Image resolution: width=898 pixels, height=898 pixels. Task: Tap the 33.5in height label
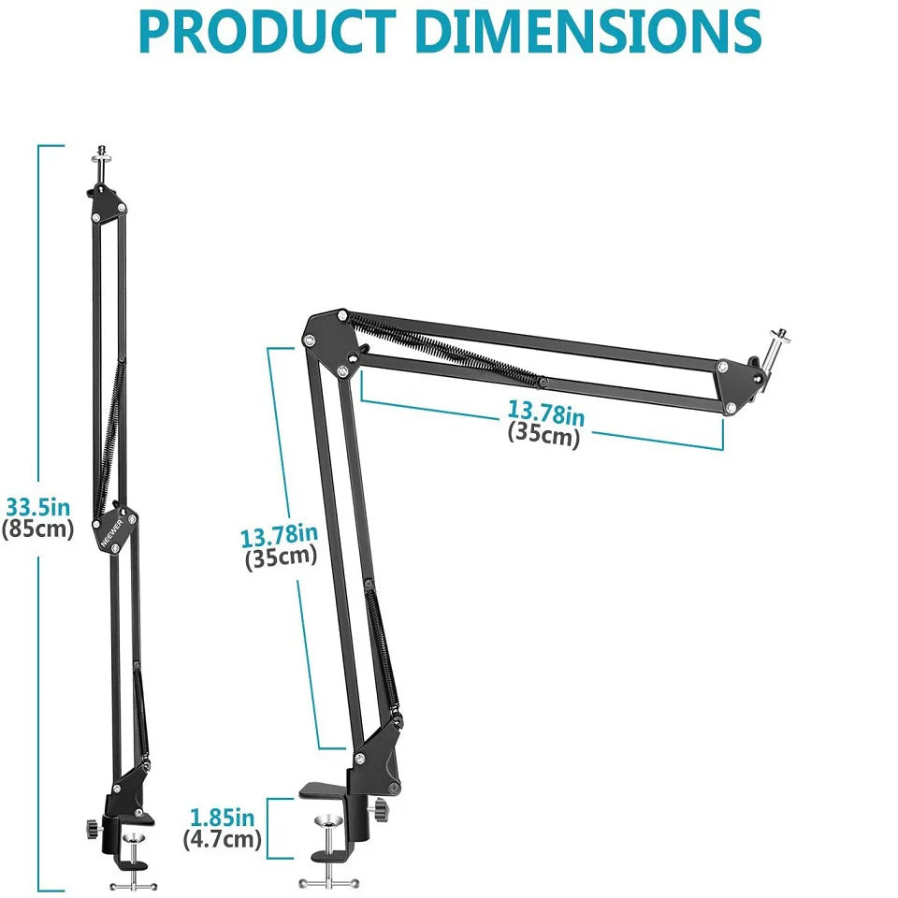38,508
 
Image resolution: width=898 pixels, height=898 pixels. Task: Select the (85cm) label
37,529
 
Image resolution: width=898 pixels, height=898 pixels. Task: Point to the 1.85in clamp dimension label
222,817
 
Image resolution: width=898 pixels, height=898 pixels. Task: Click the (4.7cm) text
222,839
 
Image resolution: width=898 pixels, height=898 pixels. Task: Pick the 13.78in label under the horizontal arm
545,412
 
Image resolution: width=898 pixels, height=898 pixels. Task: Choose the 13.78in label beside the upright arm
279,536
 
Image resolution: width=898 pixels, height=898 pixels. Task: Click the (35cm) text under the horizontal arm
543,434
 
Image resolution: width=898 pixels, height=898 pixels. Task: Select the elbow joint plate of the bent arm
328,340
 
